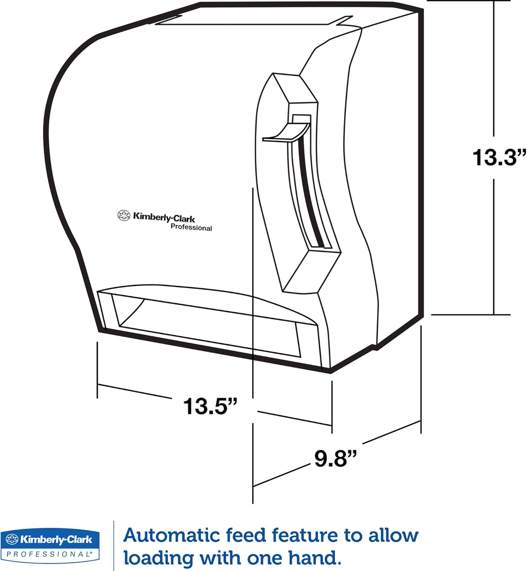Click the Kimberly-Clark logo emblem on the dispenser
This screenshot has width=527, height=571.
click(x=124, y=215)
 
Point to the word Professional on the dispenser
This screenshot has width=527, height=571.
click(x=191, y=227)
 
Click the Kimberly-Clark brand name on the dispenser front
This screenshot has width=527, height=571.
click(x=164, y=218)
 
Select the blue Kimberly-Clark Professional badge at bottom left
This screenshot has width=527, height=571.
click(x=50, y=545)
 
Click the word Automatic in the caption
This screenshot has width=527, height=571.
click(x=171, y=536)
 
